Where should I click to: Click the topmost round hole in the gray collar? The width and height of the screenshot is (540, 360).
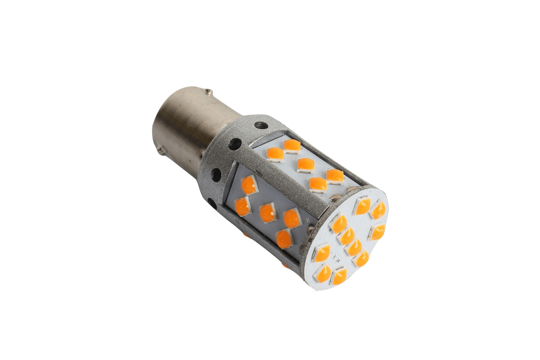[259, 126]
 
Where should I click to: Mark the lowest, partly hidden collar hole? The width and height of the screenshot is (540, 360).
[212, 203]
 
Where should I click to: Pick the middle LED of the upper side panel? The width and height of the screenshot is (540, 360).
[306, 165]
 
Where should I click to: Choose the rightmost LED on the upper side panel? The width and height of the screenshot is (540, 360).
[335, 177]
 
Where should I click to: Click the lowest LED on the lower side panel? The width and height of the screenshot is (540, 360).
[284, 238]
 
